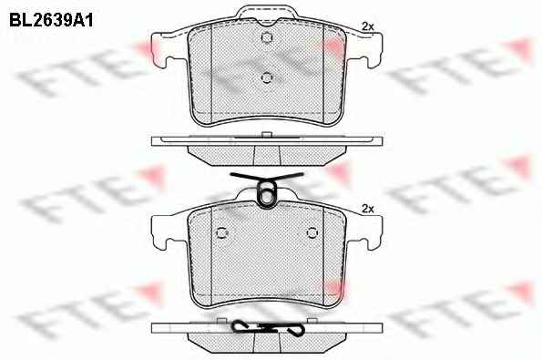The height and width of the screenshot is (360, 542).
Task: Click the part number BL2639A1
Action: point(51,20)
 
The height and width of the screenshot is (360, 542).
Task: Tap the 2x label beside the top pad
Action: point(368,26)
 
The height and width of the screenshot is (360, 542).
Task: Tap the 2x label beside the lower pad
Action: point(368,209)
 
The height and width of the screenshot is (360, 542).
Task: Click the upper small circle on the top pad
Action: point(267,37)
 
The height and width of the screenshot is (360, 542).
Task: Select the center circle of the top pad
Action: point(267,77)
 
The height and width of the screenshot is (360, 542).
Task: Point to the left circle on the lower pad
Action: point(221,232)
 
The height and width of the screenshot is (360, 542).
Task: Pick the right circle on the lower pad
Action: point(312,232)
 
